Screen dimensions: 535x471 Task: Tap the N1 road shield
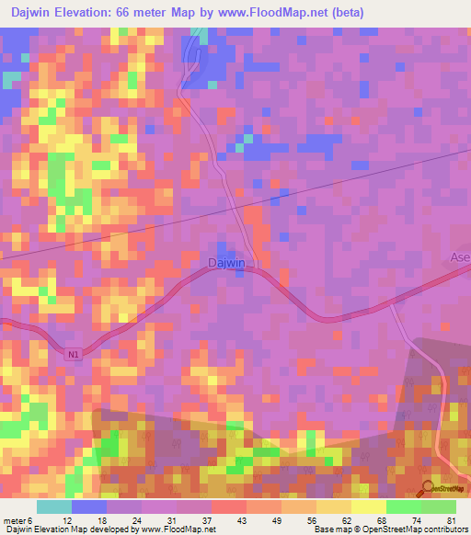point(74,352)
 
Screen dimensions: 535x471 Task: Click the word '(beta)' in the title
point(348,13)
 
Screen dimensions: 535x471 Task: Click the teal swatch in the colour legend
point(54,507)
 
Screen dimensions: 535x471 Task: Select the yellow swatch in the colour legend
point(369,507)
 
